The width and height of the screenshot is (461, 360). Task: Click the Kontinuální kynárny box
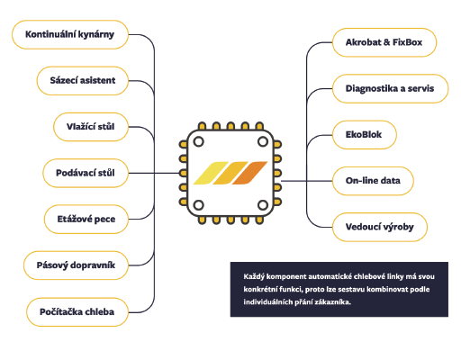tap(70, 34)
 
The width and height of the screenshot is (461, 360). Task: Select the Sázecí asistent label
tap(83, 81)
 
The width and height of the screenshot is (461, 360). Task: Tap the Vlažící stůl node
tap(91, 127)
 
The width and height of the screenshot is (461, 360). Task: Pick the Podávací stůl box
tap(86, 173)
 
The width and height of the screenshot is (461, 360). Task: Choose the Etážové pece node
tap(86, 220)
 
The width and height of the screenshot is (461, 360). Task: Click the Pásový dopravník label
tap(76, 265)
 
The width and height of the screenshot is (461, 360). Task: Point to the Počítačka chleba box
tap(77, 312)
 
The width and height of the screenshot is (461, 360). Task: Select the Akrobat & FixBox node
tap(384, 42)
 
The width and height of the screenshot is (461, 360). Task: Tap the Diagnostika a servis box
tap(391, 88)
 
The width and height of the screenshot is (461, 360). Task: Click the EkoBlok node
tap(365, 135)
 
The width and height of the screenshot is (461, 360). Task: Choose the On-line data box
tap(373, 181)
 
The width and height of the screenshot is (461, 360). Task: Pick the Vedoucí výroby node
tap(380, 227)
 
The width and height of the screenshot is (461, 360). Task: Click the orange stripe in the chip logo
tap(249, 173)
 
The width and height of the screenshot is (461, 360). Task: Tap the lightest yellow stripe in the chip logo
tap(211, 173)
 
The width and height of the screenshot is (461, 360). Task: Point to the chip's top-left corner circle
tap(198, 141)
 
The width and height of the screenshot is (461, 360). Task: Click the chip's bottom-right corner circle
tap(263, 205)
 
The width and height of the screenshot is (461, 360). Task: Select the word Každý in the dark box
tap(254, 276)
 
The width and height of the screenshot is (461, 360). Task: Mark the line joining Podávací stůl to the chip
tap(154, 173)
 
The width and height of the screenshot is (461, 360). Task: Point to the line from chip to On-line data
tap(307, 181)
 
